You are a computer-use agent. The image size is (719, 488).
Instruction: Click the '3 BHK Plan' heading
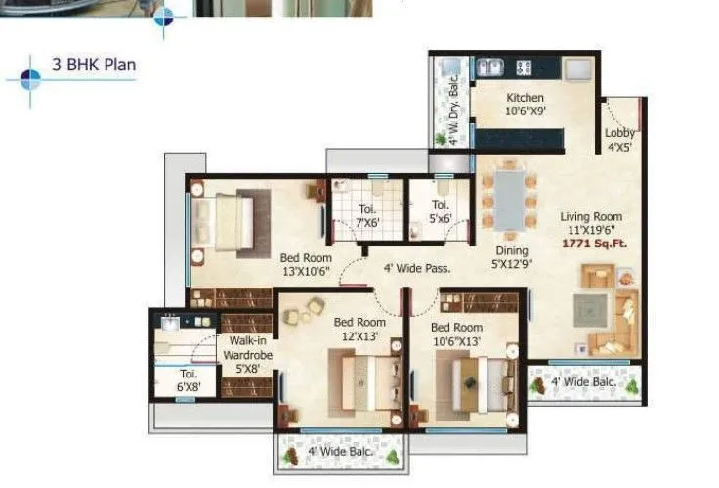(x=94, y=67)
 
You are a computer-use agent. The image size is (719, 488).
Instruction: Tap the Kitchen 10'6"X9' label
(x=525, y=104)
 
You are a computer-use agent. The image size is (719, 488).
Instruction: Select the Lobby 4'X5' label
(x=619, y=140)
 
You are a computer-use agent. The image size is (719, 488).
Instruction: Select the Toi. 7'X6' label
(x=366, y=214)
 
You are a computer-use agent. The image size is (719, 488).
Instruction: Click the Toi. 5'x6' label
(x=441, y=212)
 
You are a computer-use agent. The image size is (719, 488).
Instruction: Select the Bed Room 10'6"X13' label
(x=456, y=333)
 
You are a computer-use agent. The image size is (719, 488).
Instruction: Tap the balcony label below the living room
(x=583, y=382)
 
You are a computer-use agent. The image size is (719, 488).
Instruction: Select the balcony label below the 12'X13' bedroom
(x=339, y=451)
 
